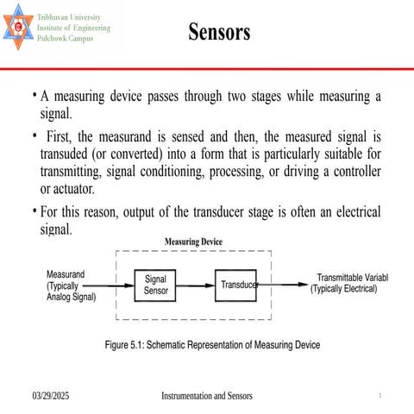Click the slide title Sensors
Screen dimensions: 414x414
tap(219, 33)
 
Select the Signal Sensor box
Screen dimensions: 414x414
tap(155, 285)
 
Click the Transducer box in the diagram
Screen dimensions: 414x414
tap(237, 285)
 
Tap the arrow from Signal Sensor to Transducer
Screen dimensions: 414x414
tap(196, 285)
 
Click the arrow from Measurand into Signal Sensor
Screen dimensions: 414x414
tap(114, 285)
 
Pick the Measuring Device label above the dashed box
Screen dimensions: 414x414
tap(193, 242)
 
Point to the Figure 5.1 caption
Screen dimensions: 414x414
tap(212, 345)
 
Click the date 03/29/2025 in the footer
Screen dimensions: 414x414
tap(51, 396)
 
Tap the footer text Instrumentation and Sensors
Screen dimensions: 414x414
tap(207, 396)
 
